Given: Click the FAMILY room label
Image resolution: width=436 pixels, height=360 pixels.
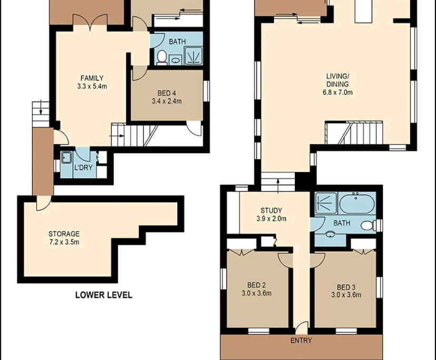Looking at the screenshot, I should click(x=92, y=78).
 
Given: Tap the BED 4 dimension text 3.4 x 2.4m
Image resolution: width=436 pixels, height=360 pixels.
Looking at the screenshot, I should click(x=166, y=101).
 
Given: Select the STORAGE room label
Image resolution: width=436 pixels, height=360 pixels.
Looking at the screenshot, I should click(x=64, y=234).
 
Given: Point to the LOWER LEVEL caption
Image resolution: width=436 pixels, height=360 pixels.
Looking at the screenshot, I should click(x=103, y=295).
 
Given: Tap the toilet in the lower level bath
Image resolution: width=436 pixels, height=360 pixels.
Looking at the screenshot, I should click(x=162, y=56).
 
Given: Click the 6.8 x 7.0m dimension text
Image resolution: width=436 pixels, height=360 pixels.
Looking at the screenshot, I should click(x=338, y=93).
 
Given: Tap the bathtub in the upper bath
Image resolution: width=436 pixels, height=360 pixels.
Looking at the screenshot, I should click(x=356, y=203).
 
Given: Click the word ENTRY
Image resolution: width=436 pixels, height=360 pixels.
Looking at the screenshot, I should click(x=301, y=341).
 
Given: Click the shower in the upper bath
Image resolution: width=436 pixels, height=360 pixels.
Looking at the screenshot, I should click(x=325, y=202).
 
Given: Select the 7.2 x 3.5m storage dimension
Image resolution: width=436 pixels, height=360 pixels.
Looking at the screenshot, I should click(x=64, y=242).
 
